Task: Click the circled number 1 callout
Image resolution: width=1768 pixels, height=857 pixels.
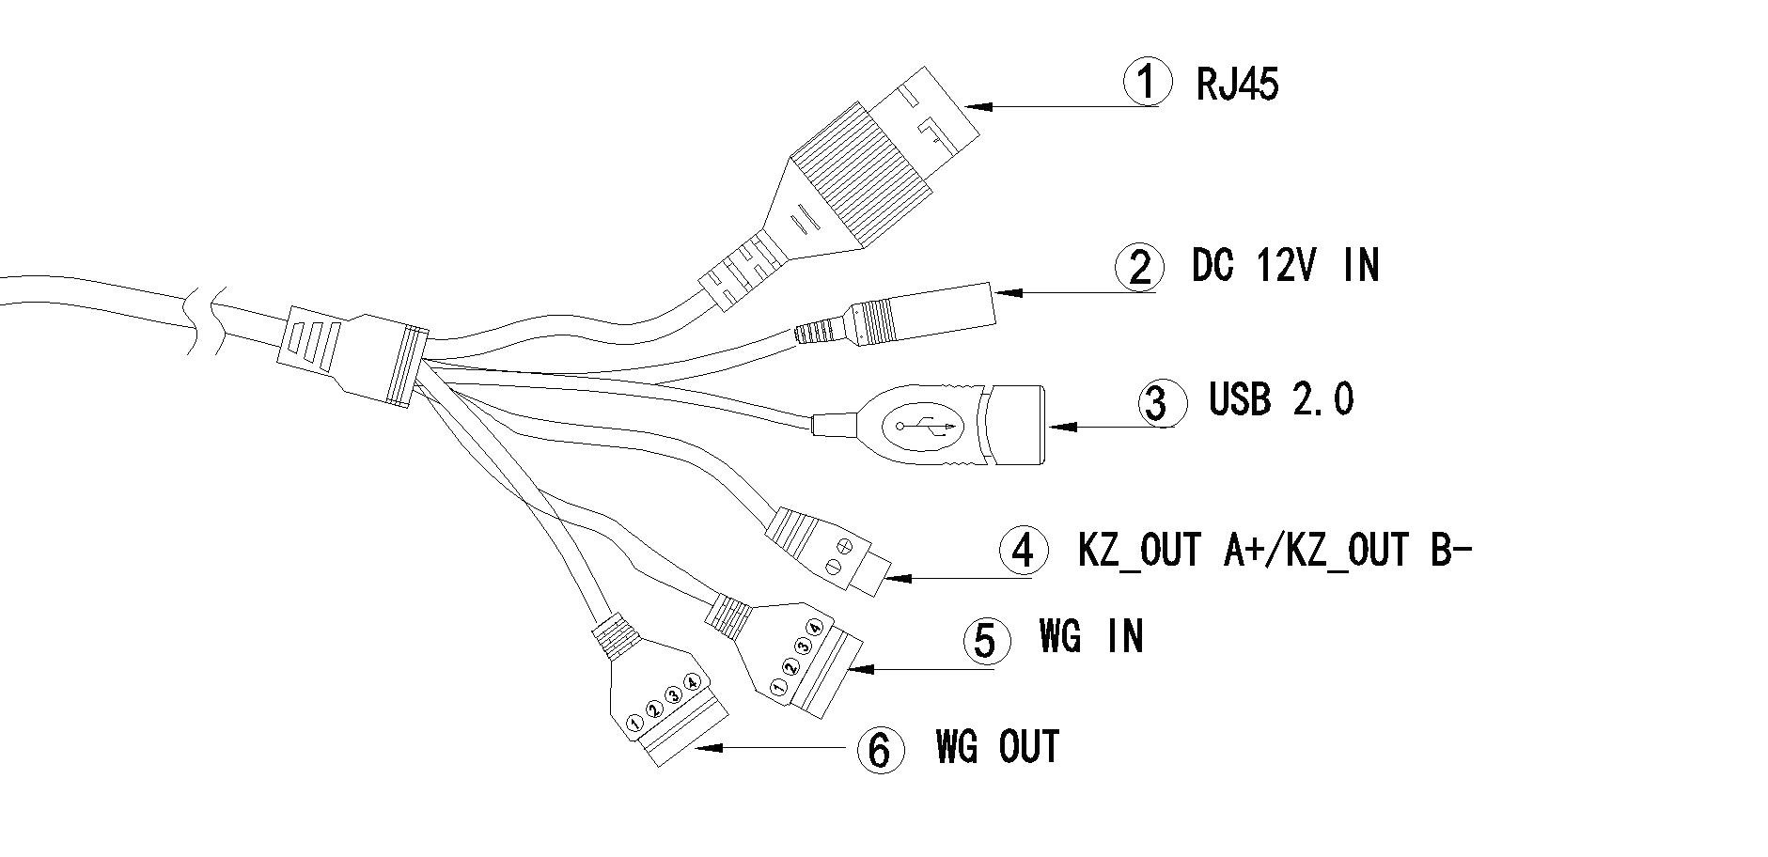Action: [1148, 83]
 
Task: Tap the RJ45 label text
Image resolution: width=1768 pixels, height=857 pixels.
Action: [1237, 85]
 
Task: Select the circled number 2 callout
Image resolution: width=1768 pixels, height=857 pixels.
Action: [1138, 267]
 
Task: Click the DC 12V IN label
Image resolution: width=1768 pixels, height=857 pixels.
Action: [1285, 265]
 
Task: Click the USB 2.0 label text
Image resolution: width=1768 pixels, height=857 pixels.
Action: [1281, 399]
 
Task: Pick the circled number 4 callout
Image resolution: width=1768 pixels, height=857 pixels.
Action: [1024, 551]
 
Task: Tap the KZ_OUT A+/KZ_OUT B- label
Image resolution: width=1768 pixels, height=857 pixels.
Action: [1274, 550]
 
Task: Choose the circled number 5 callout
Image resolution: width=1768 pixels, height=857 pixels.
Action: [986, 641]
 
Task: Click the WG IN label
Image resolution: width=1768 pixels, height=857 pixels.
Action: [1091, 636]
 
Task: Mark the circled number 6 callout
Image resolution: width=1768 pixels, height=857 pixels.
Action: [881, 750]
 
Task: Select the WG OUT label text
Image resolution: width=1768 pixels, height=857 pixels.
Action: [997, 747]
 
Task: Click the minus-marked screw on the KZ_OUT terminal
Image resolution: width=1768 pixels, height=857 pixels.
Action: [832, 566]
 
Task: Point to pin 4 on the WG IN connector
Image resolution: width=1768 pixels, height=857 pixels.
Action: [815, 627]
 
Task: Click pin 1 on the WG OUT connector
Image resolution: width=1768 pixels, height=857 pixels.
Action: [635, 724]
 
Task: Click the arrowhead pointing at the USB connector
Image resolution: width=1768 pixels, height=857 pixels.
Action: [1063, 426]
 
